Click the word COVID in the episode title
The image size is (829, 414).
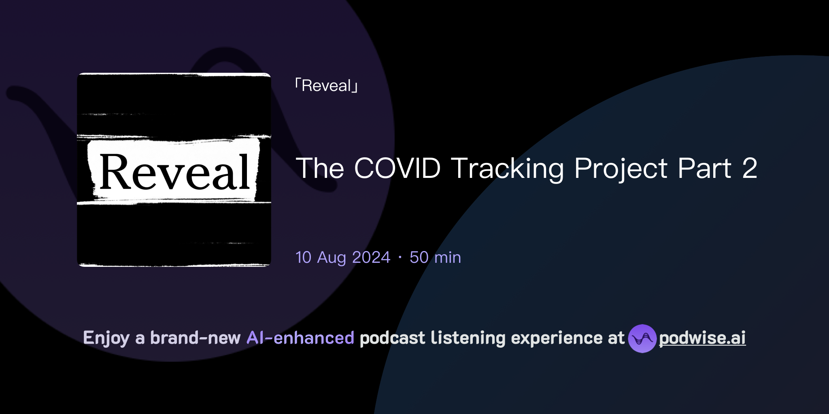click(397, 168)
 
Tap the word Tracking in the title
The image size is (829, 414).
click(508, 168)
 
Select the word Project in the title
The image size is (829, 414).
click(621, 168)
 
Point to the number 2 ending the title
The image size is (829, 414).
click(749, 168)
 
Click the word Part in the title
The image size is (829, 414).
click(704, 168)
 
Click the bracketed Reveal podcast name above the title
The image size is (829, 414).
click(326, 86)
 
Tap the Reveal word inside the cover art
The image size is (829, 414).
click(174, 172)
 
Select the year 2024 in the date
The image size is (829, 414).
click(371, 258)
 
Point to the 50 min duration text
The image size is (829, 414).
click(435, 258)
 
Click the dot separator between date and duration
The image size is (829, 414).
click(400, 258)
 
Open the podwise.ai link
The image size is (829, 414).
click(702, 338)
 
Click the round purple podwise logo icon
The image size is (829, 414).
click(642, 338)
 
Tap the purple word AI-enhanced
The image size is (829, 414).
click(300, 338)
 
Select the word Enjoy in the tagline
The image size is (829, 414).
click(106, 338)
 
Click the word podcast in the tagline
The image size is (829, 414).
click(392, 338)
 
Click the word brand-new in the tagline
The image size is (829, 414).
click(195, 338)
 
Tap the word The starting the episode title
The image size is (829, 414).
click(320, 168)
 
